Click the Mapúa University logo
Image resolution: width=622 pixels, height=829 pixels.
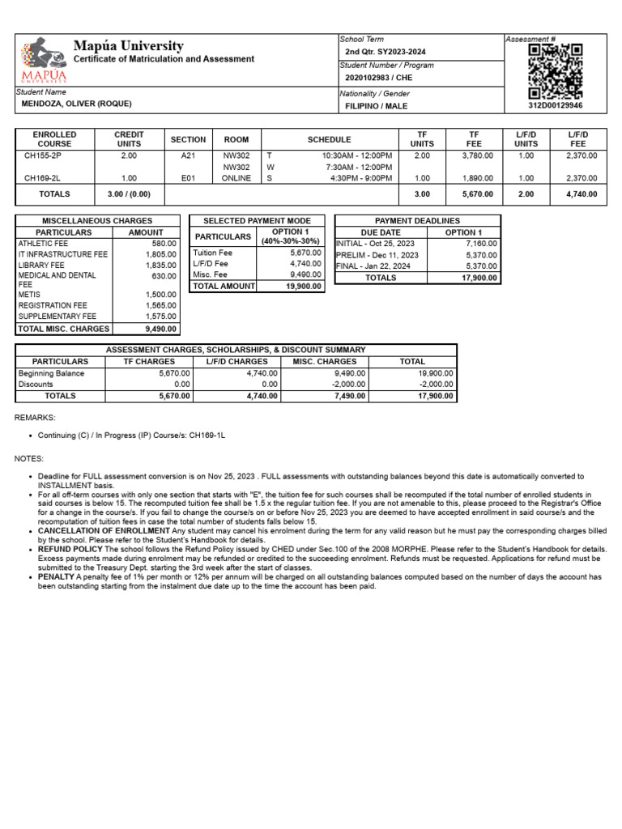click(x=41, y=60)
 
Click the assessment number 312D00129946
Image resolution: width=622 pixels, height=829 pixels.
click(x=555, y=106)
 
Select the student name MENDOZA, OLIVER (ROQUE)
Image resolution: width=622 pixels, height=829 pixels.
click(x=74, y=104)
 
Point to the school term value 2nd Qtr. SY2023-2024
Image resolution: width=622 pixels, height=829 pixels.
click(x=385, y=52)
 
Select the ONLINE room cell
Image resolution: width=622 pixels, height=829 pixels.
click(x=236, y=178)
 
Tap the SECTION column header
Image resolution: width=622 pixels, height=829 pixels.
click(x=188, y=139)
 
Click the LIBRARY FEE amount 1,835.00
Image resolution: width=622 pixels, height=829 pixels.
click(x=161, y=265)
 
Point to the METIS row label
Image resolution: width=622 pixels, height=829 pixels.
click(x=29, y=295)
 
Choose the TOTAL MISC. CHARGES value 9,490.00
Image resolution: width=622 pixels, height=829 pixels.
click(x=161, y=329)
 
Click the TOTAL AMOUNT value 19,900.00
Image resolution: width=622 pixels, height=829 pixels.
click(x=304, y=286)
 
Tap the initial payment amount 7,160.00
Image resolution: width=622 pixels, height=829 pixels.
click(x=482, y=243)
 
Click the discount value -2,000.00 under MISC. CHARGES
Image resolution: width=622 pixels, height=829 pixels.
click(x=349, y=385)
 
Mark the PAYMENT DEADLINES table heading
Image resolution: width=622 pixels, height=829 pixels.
click(x=418, y=220)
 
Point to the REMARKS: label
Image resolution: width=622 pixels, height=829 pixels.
click(x=35, y=418)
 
